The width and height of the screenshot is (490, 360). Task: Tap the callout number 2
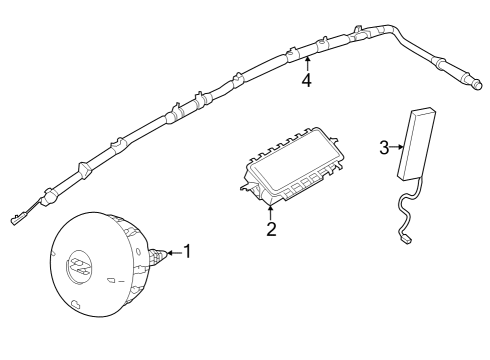pyautogui.click(x=270, y=229)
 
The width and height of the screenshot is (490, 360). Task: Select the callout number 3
pyautogui.click(x=385, y=148)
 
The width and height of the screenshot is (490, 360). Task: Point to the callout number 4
pyautogui.click(x=306, y=80)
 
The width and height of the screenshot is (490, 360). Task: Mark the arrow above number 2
pyautogui.click(x=270, y=211)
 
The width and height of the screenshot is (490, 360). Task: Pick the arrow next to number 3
pyautogui.click(x=397, y=148)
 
